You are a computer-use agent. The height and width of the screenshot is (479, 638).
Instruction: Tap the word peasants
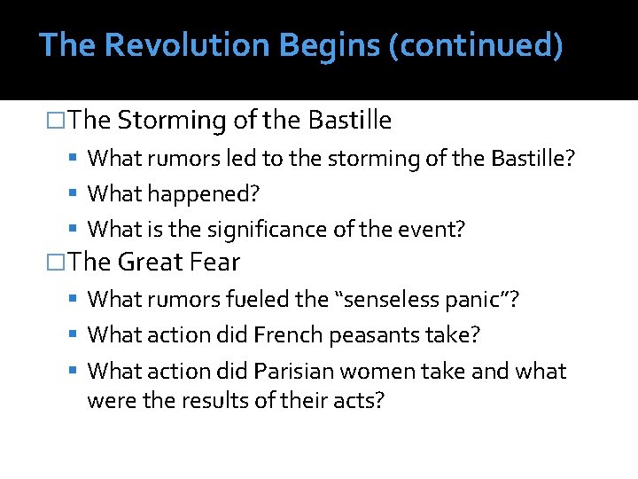click(362, 335)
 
